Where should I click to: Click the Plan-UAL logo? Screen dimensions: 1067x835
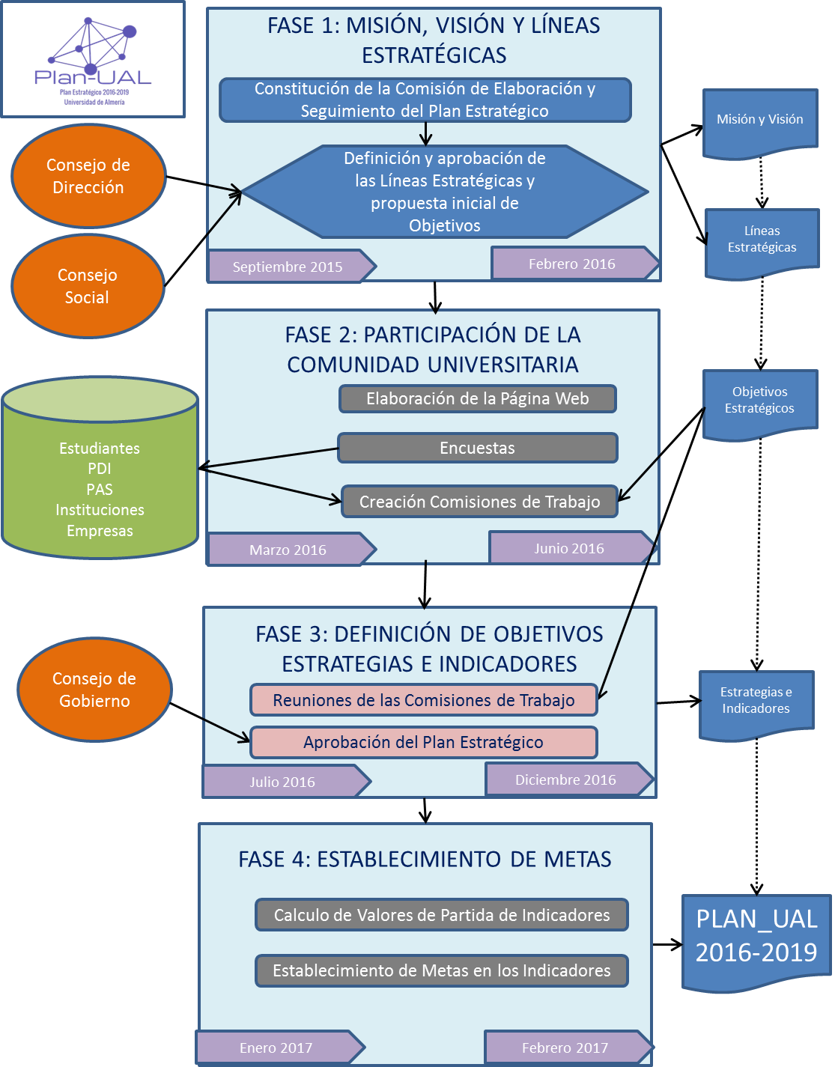coord(93,59)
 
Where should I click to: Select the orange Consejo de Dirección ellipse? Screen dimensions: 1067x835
coord(88,176)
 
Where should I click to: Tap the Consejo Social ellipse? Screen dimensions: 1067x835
coord(88,286)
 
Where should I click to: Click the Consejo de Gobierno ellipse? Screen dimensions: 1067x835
coord(94,690)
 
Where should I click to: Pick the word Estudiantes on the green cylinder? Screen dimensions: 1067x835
coord(100,448)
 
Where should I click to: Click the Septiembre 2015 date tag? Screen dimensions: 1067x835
coord(288,267)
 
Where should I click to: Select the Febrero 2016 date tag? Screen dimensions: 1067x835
coord(571,264)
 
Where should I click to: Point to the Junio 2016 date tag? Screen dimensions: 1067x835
coord(568,548)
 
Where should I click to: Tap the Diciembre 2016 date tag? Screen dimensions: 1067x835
coord(565,779)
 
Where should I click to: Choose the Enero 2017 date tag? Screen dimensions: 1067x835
coord(276,1048)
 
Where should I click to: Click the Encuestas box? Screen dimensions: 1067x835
coord(477,448)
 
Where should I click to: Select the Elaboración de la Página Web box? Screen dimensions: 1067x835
coord(477,399)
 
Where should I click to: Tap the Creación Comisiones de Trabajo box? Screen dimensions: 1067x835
coord(479,502)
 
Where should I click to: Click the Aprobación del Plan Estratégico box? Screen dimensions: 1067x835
coord(423,742)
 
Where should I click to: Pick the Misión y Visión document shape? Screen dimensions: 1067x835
coord(759,121)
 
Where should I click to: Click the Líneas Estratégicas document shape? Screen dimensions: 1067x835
coord(762,241)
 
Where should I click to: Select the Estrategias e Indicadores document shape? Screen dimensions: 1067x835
coord(756,702)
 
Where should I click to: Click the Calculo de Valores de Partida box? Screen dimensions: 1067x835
coord(441,915)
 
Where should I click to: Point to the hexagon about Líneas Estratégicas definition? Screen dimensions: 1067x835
coord(444,192)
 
